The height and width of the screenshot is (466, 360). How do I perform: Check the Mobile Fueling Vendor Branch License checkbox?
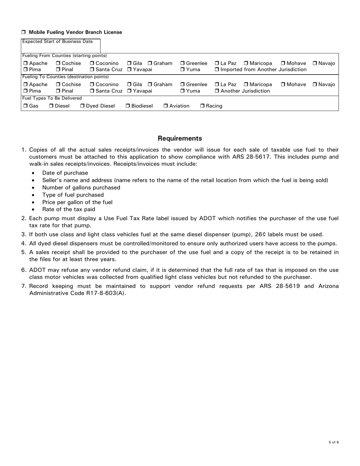(23, 33)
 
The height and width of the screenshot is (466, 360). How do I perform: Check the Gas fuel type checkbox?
(25, 106)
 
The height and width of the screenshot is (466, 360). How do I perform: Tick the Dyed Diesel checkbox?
(82, 106)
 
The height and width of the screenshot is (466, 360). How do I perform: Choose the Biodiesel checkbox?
(128, 106)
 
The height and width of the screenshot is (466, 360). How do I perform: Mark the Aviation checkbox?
(166, 106)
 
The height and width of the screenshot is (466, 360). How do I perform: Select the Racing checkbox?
(202, 106)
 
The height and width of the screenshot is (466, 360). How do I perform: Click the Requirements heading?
(180, 138)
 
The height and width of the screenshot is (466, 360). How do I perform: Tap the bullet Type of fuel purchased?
(73, 195)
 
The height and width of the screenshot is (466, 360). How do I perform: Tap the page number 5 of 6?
(333, 442)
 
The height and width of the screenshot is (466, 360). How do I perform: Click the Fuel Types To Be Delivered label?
(46, 98)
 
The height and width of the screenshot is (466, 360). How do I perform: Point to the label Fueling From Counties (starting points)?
(64, 56)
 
